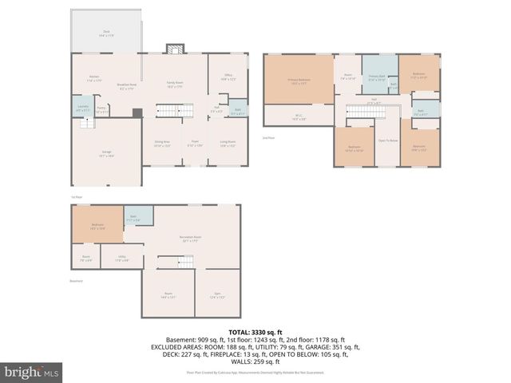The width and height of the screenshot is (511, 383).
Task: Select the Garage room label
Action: [106, 155]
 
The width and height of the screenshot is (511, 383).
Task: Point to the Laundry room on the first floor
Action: [83, 108]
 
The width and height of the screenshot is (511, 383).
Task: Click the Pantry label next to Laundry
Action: [101, 111]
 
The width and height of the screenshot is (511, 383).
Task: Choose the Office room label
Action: [228, 77]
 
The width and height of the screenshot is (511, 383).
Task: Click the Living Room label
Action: [228, 144]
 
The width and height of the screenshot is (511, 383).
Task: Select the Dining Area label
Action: [162, 144]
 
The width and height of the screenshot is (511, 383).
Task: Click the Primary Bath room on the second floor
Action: [377, 78]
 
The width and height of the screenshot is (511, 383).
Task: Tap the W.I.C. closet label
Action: [299, 116]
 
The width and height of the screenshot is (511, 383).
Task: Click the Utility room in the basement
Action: [122, 259]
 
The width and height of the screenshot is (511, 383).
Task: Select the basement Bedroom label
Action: [97, 226]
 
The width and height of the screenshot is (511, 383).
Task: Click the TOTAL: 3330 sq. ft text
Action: [255, 331]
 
